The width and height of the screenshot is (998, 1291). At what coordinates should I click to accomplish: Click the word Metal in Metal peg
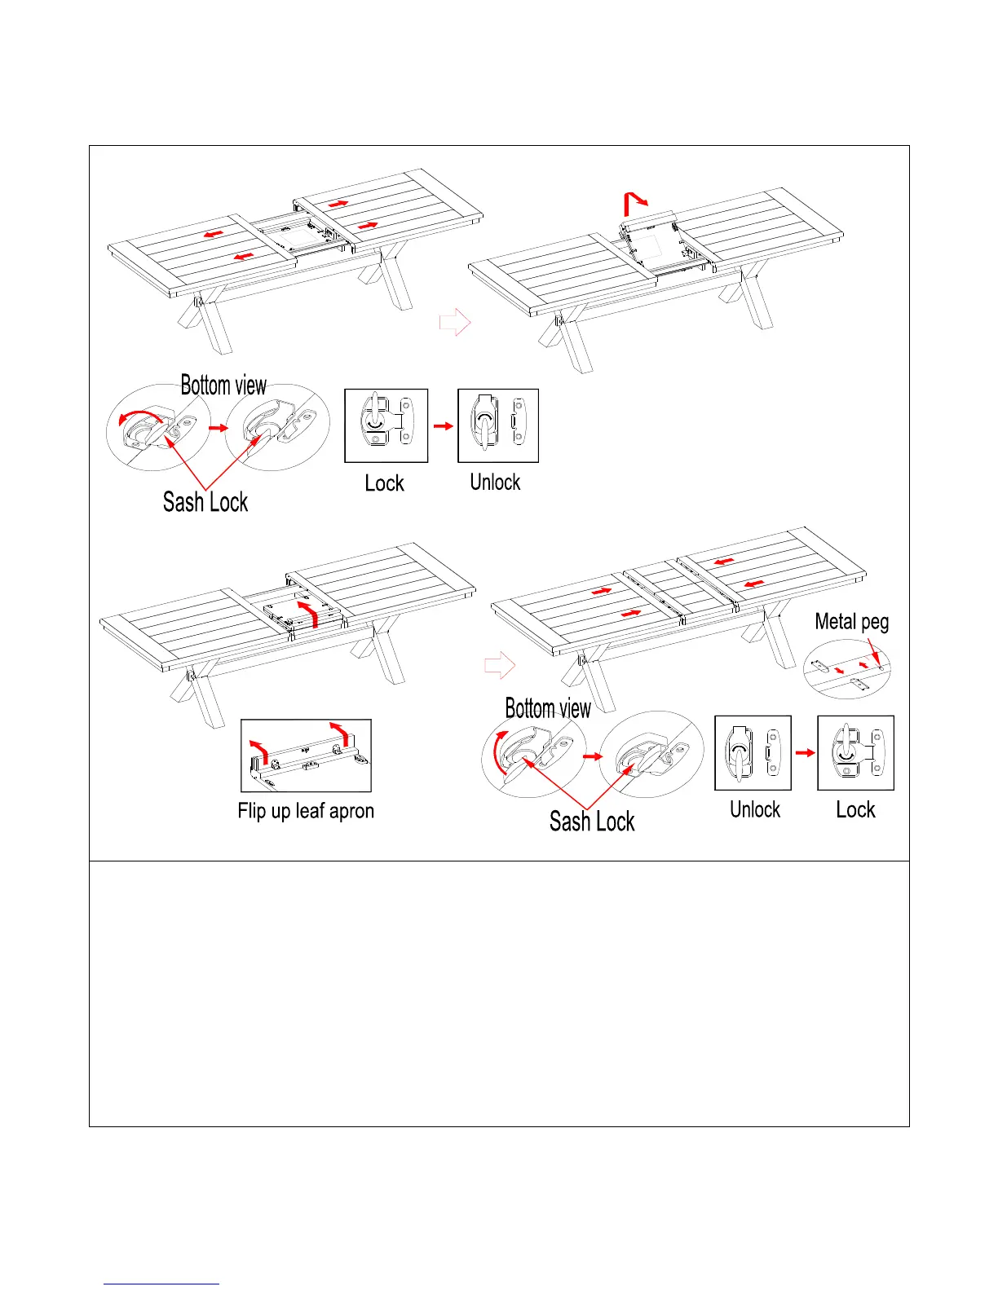[834, 622]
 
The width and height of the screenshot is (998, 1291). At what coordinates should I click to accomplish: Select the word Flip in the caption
[252, 811]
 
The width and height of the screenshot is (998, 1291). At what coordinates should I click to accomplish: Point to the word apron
[351, 812]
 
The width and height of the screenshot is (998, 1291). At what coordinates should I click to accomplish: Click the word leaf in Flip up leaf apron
[310, 811]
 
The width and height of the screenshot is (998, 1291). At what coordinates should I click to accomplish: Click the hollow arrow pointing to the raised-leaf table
[455, 322]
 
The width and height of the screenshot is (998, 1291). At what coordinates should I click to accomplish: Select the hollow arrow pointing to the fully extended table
[500, 665]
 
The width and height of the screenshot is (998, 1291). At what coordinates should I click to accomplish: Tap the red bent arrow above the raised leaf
[634, 201]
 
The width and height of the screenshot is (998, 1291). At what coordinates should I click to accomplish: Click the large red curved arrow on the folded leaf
[307, 614]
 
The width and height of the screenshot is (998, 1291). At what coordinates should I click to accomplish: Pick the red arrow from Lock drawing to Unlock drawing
[443, 425]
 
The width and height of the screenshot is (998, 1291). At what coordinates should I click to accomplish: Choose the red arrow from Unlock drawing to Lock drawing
[805, 752]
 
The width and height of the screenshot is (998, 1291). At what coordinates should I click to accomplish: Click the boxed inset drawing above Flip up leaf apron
[306, 756]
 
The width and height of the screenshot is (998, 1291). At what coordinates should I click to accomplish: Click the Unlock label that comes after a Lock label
[495, 482]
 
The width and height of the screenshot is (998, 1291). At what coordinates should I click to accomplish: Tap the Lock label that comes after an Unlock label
[855, 810]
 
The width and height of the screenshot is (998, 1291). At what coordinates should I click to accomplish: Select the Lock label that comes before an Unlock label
[384, 483]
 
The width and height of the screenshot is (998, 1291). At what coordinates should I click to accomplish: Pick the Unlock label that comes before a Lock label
[755, 810]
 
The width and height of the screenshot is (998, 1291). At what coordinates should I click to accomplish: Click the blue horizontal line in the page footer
[161, 1284]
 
